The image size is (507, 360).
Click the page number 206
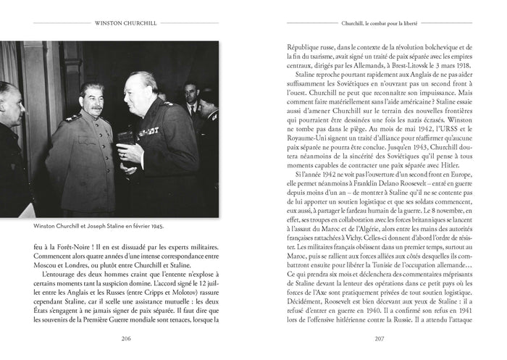point(127,338)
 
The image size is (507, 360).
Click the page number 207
point(379,338)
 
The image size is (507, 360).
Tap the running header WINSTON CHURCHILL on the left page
point(127,22)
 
